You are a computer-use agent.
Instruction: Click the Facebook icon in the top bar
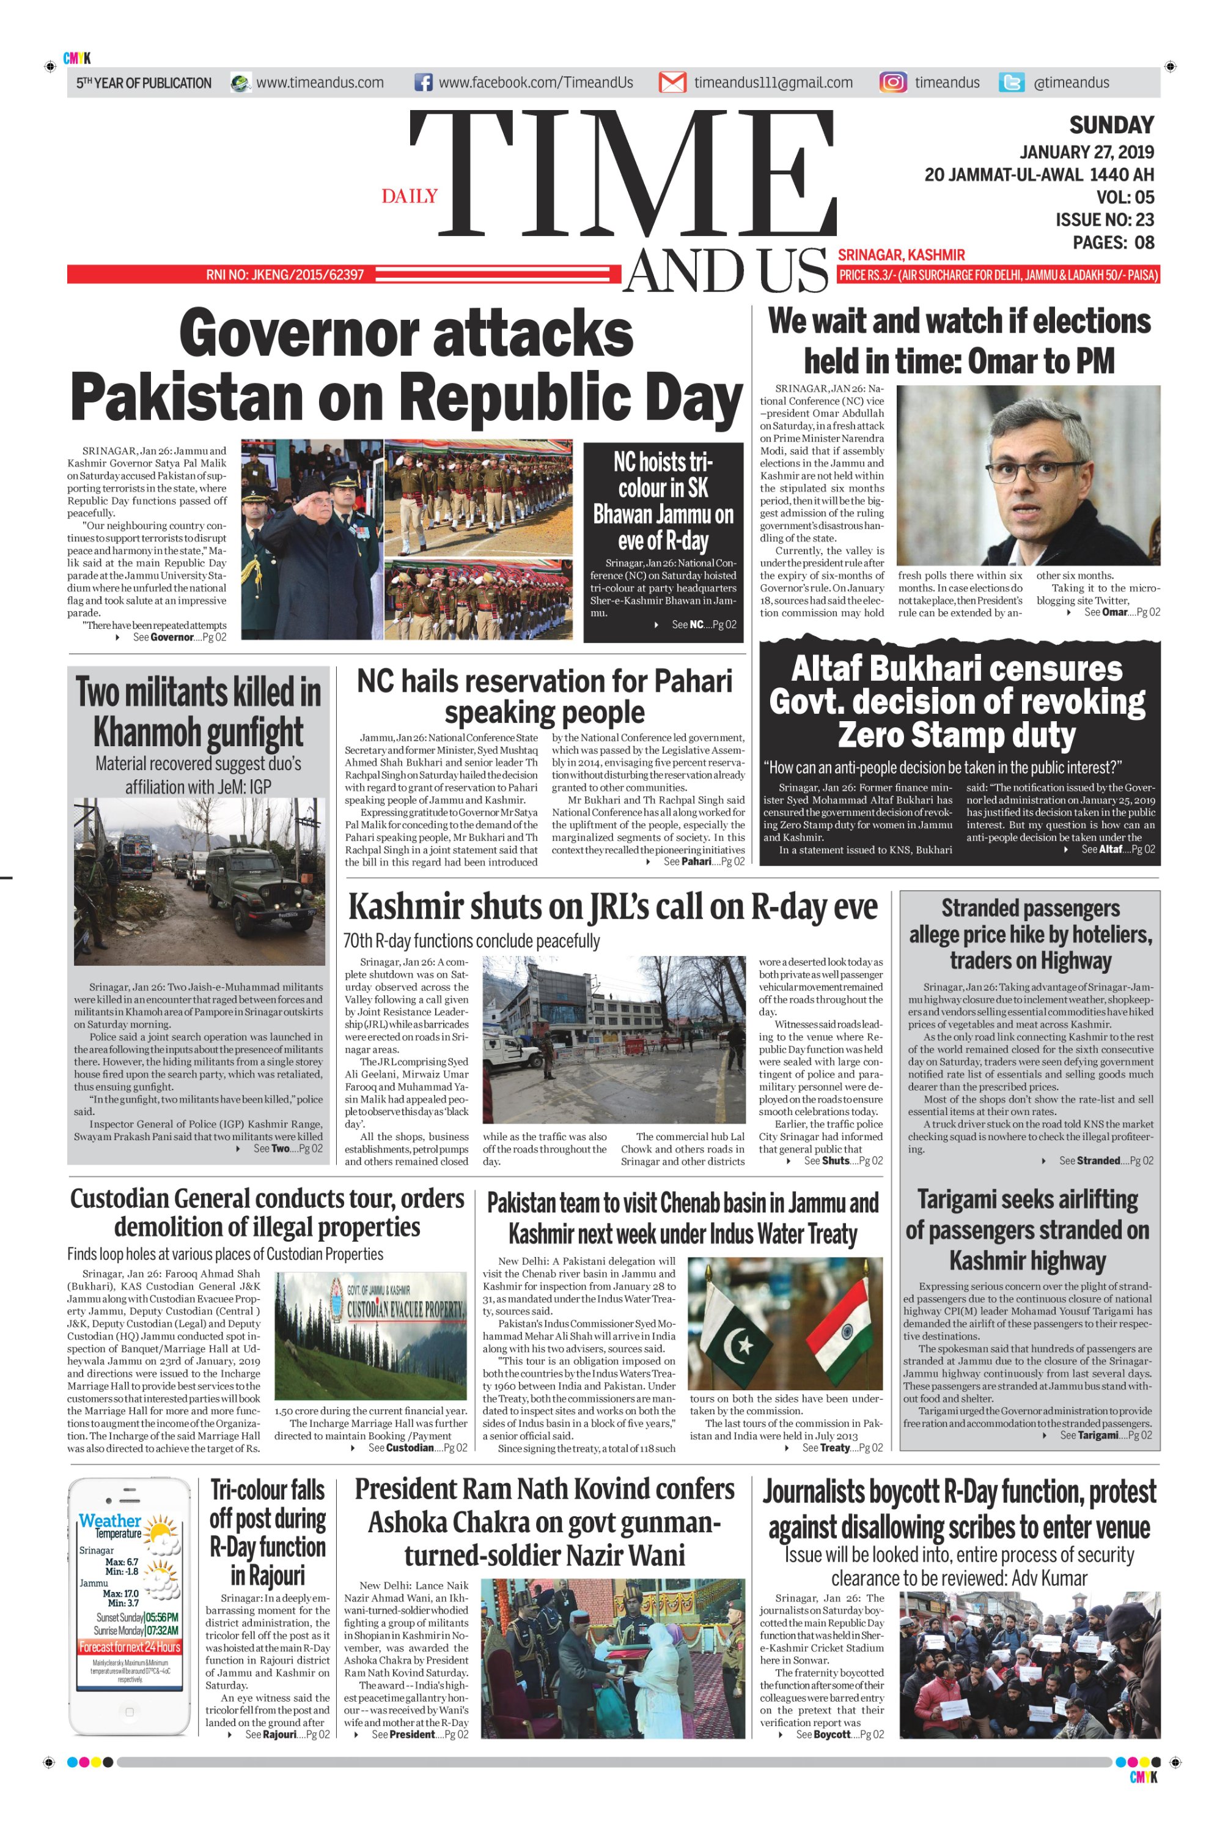(423, 83)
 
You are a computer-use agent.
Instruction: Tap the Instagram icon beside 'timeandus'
(893, 83)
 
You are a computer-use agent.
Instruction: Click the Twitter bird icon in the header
(1011, 83)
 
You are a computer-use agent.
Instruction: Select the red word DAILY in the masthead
(410, 196)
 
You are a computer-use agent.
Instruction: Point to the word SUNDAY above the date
(1111, 125)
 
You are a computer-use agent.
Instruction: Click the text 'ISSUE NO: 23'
(1105, 220)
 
